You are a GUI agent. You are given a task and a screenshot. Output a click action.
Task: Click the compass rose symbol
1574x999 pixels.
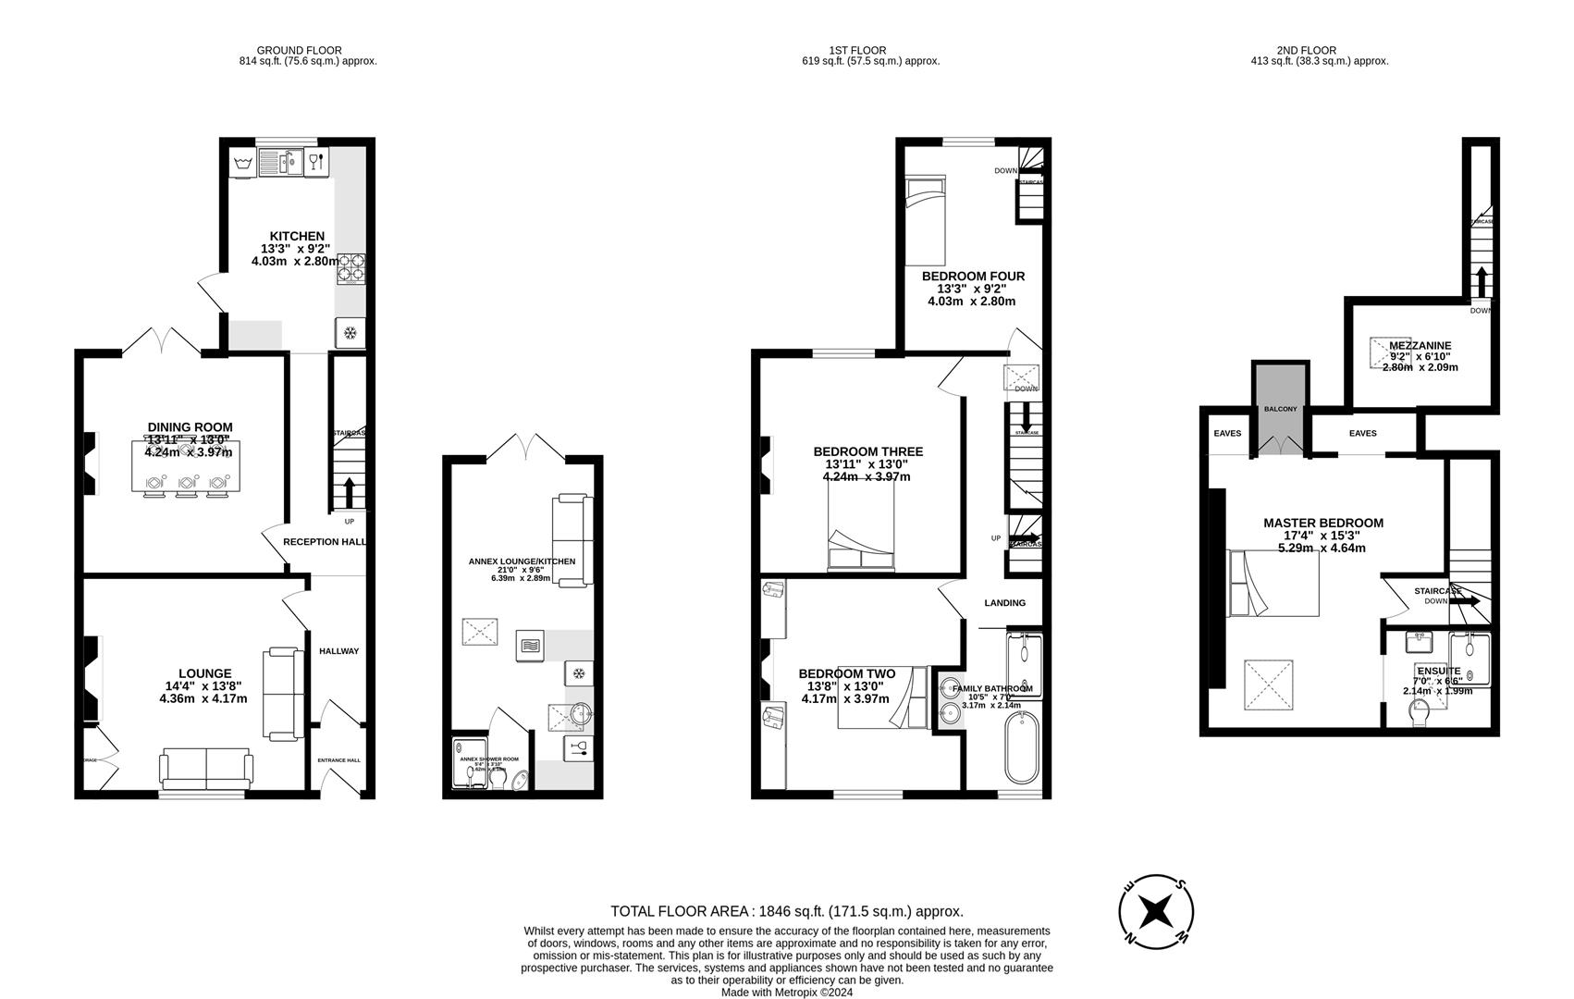tap(1156, 911)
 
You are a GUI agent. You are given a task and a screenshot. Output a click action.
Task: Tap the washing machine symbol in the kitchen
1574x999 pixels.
tap(243, 165)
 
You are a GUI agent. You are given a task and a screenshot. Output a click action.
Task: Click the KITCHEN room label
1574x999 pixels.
tap(297, 237)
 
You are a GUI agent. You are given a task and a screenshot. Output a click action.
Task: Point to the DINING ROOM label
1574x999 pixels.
tap(191, 427)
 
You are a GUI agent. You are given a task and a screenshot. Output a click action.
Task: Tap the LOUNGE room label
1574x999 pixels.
tap(205, 673)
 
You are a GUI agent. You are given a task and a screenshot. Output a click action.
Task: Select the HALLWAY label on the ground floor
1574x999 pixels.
tap(338, 651)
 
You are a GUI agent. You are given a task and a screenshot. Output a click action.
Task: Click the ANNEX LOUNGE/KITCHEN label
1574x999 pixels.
tap(522, 561)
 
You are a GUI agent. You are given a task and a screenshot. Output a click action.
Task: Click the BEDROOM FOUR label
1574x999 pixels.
tap(973, 277)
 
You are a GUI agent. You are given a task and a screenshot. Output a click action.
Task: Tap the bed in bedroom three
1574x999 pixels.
tap(860, 527)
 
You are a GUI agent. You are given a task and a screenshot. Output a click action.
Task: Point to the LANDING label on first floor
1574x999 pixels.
tap(1004, 603)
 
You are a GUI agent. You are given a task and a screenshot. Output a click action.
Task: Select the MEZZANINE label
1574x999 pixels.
tap(1420, 346)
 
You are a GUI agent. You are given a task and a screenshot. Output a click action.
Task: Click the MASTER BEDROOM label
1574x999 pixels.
tap(1323, 524)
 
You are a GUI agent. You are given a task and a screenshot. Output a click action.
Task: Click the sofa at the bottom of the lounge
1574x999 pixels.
tap(205, 768)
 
